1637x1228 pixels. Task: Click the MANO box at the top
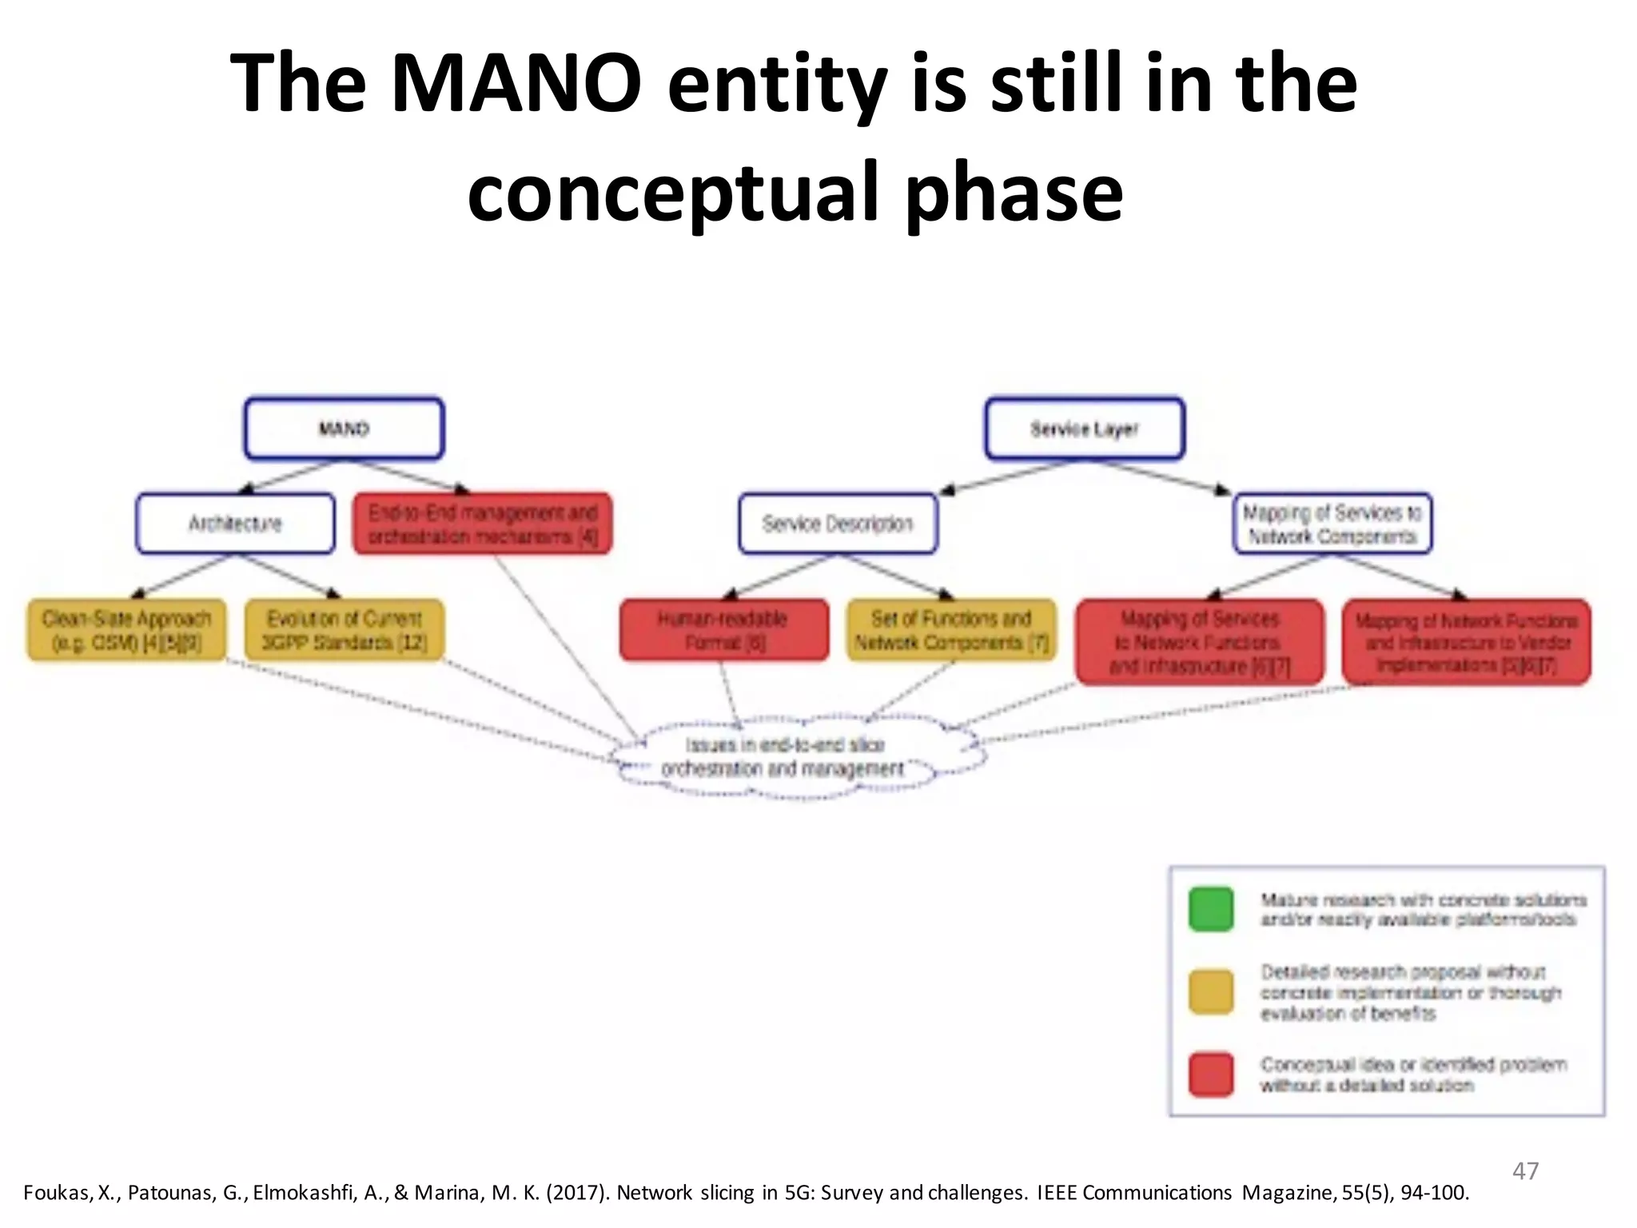[344, 429]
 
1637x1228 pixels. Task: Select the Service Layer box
[1085, 429]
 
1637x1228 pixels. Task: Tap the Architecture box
[235, 524]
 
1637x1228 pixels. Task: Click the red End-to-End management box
[483, 524]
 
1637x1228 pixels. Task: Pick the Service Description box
[838, 524]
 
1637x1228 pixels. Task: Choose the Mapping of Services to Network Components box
[1332, 524]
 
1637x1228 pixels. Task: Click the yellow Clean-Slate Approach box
[126, 630]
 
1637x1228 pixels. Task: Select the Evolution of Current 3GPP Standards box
[344, 630]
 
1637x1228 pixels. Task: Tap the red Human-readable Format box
[723, 630]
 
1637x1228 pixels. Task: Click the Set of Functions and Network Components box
[951, 630]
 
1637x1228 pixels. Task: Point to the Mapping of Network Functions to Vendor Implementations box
[1467, 642]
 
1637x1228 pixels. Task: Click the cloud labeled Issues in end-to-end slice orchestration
[787, 757]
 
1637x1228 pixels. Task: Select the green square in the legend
[1211, 909]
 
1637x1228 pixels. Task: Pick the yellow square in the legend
[1211, 992]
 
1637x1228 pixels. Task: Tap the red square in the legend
[1211, 1074]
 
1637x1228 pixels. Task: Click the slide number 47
[1525, 1171]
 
